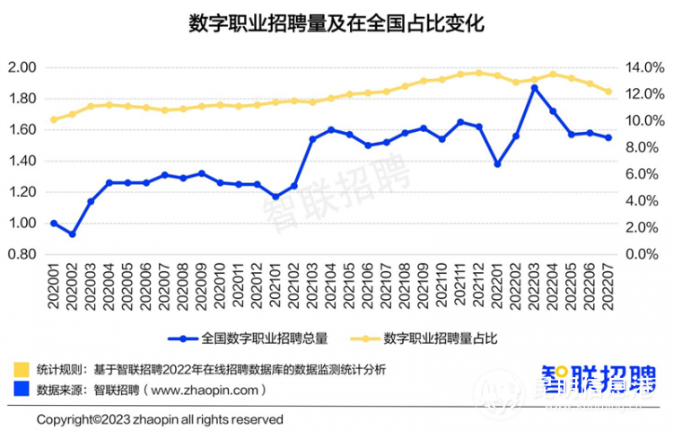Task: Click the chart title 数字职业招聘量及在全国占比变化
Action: click(336, 24)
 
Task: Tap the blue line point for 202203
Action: click(535, 87)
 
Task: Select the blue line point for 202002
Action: click(72, 233)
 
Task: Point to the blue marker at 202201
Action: click(497, 164)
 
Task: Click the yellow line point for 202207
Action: click(608, 92)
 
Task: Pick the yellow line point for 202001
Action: click(54, 119)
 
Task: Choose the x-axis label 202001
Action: click(54, 286)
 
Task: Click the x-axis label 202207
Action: click(608, 286)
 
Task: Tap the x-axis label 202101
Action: click(275, 286)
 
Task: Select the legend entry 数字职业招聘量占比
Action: click(441, 339)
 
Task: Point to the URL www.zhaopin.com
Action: click(207, 390)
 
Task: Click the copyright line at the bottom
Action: click(160, 419)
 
